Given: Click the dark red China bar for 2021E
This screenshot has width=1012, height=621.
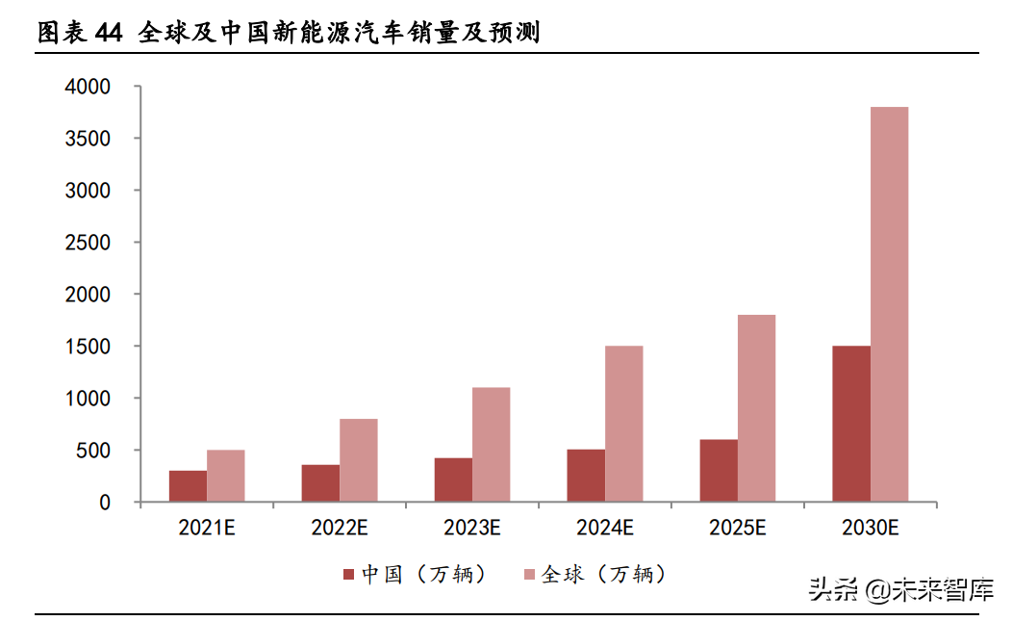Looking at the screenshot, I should (x=188, y=486).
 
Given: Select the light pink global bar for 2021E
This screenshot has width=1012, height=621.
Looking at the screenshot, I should (x=225, y=476).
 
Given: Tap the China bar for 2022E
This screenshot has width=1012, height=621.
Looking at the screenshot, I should (x=320, y=483).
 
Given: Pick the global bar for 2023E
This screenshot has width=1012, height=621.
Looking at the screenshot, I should (x=491, y=445).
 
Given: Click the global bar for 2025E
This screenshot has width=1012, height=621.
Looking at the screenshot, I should (x=756, y=408).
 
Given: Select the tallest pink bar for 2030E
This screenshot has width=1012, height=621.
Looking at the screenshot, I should (x=889, y=304).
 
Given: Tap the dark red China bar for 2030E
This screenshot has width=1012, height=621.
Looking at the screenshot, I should (x=851, y=424).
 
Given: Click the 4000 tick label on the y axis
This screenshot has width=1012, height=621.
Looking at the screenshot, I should (x=89, y=87).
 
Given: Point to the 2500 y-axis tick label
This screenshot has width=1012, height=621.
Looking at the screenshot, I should (x=89, y=243).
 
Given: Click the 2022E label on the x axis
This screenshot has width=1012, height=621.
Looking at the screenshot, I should (x=340, y=528).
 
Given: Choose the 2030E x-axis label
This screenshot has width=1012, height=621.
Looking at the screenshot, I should (x=870, y=528).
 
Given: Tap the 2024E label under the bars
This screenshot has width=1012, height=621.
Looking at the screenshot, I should (x=604, y=528).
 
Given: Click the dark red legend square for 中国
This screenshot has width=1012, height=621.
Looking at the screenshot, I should (x=349, y=575).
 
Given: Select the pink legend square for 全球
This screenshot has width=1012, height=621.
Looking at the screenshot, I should (x=529, y=575).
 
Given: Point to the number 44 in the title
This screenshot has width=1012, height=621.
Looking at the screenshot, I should (x=109, y=34).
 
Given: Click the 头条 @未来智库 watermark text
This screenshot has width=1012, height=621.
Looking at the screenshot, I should (x=900, y=588).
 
